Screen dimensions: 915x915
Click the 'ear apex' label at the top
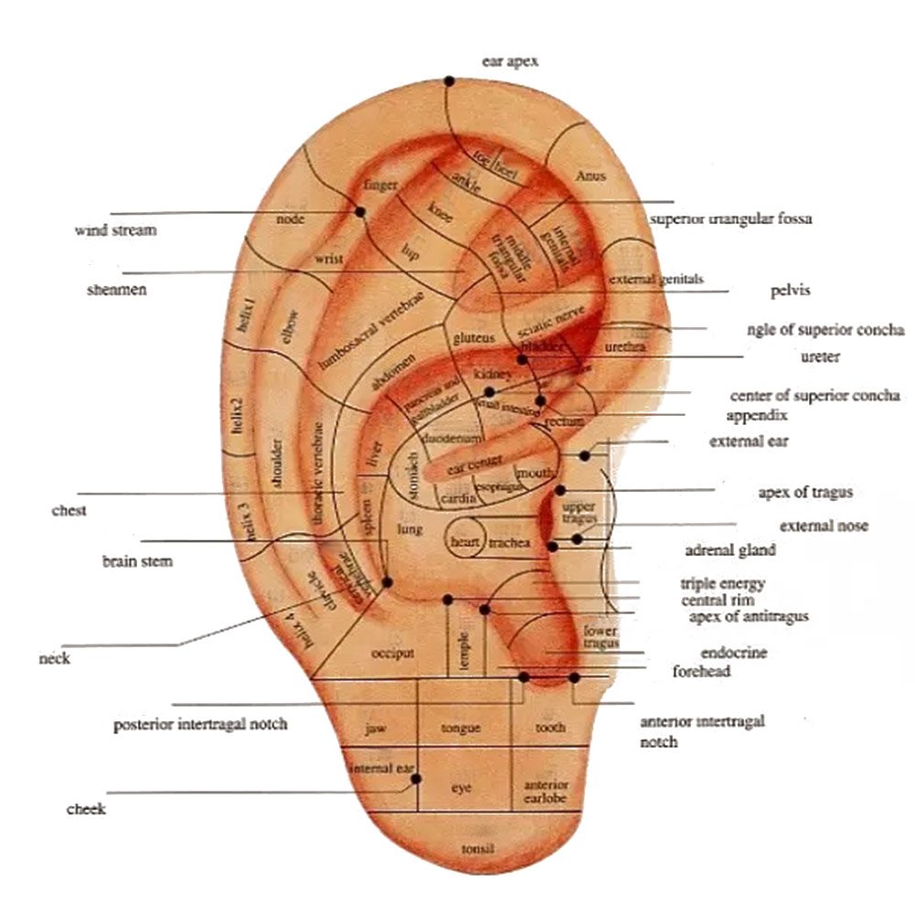(x=510, y=61)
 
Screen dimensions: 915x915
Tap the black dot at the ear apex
(x=449, y=81)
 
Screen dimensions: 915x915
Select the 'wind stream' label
(x=115, y=230)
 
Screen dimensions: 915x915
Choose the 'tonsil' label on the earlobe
(x=477, y=848)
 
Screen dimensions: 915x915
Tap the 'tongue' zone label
(x=461, y=729)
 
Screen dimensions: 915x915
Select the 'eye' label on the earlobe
(x=462, y=787)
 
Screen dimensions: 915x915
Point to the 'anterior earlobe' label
(x=546, y=792)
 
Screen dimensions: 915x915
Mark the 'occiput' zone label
(x=394, y=654)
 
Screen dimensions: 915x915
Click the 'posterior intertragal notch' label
(x=200, y=724)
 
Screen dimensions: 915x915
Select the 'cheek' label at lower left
(x=86, y=809)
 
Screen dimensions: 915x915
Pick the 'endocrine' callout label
(x=733, y=653)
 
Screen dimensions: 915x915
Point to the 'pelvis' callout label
(x=791, y=291)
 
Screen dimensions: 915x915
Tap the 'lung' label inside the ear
(x=407, y=529)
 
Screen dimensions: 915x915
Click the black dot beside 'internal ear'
(x=416, y=779)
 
